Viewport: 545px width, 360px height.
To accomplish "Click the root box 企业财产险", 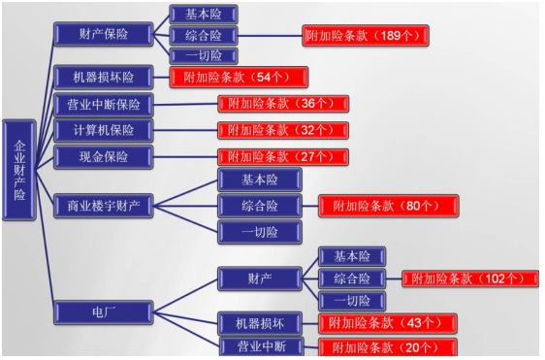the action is point(19,170).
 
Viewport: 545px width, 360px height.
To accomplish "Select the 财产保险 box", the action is point(103,34).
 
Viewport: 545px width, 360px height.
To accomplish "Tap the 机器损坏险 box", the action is point(103,77).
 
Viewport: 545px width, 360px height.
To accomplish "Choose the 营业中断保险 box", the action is point(103,105).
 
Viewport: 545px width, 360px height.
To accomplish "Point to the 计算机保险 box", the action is point(103,130).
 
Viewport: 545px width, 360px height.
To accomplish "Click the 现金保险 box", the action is point(103,157).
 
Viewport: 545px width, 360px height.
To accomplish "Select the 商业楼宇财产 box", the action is point(103,206).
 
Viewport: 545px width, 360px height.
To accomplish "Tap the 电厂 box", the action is point(103,312).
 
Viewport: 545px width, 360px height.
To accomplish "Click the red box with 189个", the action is point(366,36).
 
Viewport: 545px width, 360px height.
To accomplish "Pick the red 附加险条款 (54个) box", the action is point(239,78).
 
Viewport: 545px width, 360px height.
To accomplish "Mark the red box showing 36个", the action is point(283,104).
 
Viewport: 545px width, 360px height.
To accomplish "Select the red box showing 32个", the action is point(283,130).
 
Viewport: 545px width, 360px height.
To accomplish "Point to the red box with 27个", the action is point(283,157).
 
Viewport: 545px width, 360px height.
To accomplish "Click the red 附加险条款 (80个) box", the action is point(388,206).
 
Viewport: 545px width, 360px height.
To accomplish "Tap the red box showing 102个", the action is point(470,278).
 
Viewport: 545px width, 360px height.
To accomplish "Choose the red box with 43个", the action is point(388,323).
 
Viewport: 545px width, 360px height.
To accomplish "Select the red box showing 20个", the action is point(388,347).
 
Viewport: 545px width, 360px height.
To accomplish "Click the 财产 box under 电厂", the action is point(260,278).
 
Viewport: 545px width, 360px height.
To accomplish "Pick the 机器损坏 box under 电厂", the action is point(260,323).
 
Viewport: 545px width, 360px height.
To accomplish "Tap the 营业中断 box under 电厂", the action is point(262,346).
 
